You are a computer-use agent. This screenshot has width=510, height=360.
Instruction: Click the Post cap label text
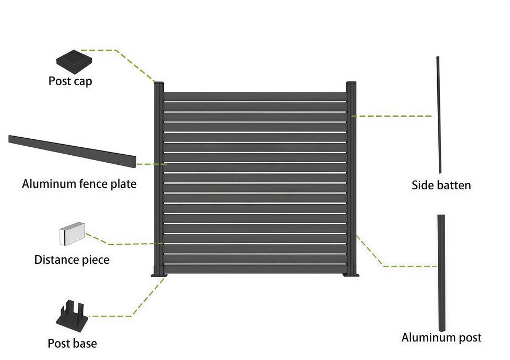pos(70,81)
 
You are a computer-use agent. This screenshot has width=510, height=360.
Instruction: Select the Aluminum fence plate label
pos(79,184)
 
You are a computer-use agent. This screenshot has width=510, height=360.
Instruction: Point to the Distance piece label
pos(72,260)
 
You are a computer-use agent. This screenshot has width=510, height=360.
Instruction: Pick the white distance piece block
pos(72,235)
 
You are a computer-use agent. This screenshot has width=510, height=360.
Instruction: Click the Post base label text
pos(72,343)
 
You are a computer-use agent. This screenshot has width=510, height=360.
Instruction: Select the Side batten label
pos(441,185)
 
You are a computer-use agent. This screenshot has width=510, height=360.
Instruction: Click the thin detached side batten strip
pos(439,114)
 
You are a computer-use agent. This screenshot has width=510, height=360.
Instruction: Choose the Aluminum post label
pos(441,337)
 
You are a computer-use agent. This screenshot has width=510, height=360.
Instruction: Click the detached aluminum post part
pos(441,271)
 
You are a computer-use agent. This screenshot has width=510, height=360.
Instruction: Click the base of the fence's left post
pos(159,273)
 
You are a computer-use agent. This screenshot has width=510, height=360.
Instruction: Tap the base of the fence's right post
pos(351,273)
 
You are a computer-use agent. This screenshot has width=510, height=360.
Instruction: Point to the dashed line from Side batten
pos(393,116)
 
